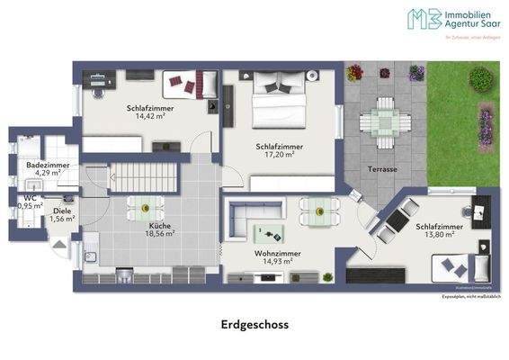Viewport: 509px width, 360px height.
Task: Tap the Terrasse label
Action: coord(383,170)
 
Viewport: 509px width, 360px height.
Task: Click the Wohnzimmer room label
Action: coord(277,255)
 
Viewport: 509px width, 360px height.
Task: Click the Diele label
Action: coord(61,210)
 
